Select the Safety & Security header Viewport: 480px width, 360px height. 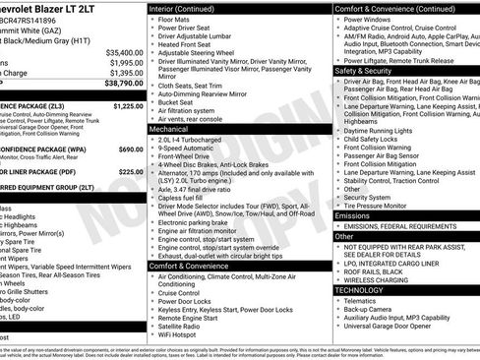(363, 71)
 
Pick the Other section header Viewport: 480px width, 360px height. (344, 236)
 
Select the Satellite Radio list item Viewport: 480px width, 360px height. (187, 326)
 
